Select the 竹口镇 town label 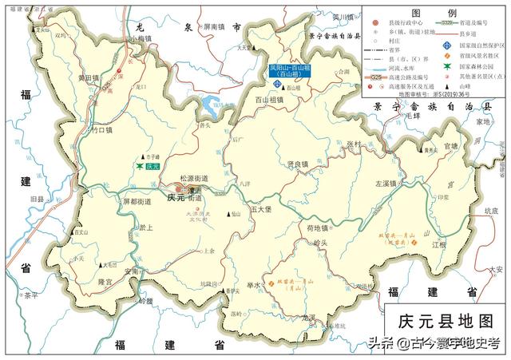(104, 129)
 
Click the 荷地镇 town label (297, 228)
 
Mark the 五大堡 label (261, 208)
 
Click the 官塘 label (451, 146)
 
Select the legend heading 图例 (434, 14)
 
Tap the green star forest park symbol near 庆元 (140, 168)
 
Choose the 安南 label (133, 271)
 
